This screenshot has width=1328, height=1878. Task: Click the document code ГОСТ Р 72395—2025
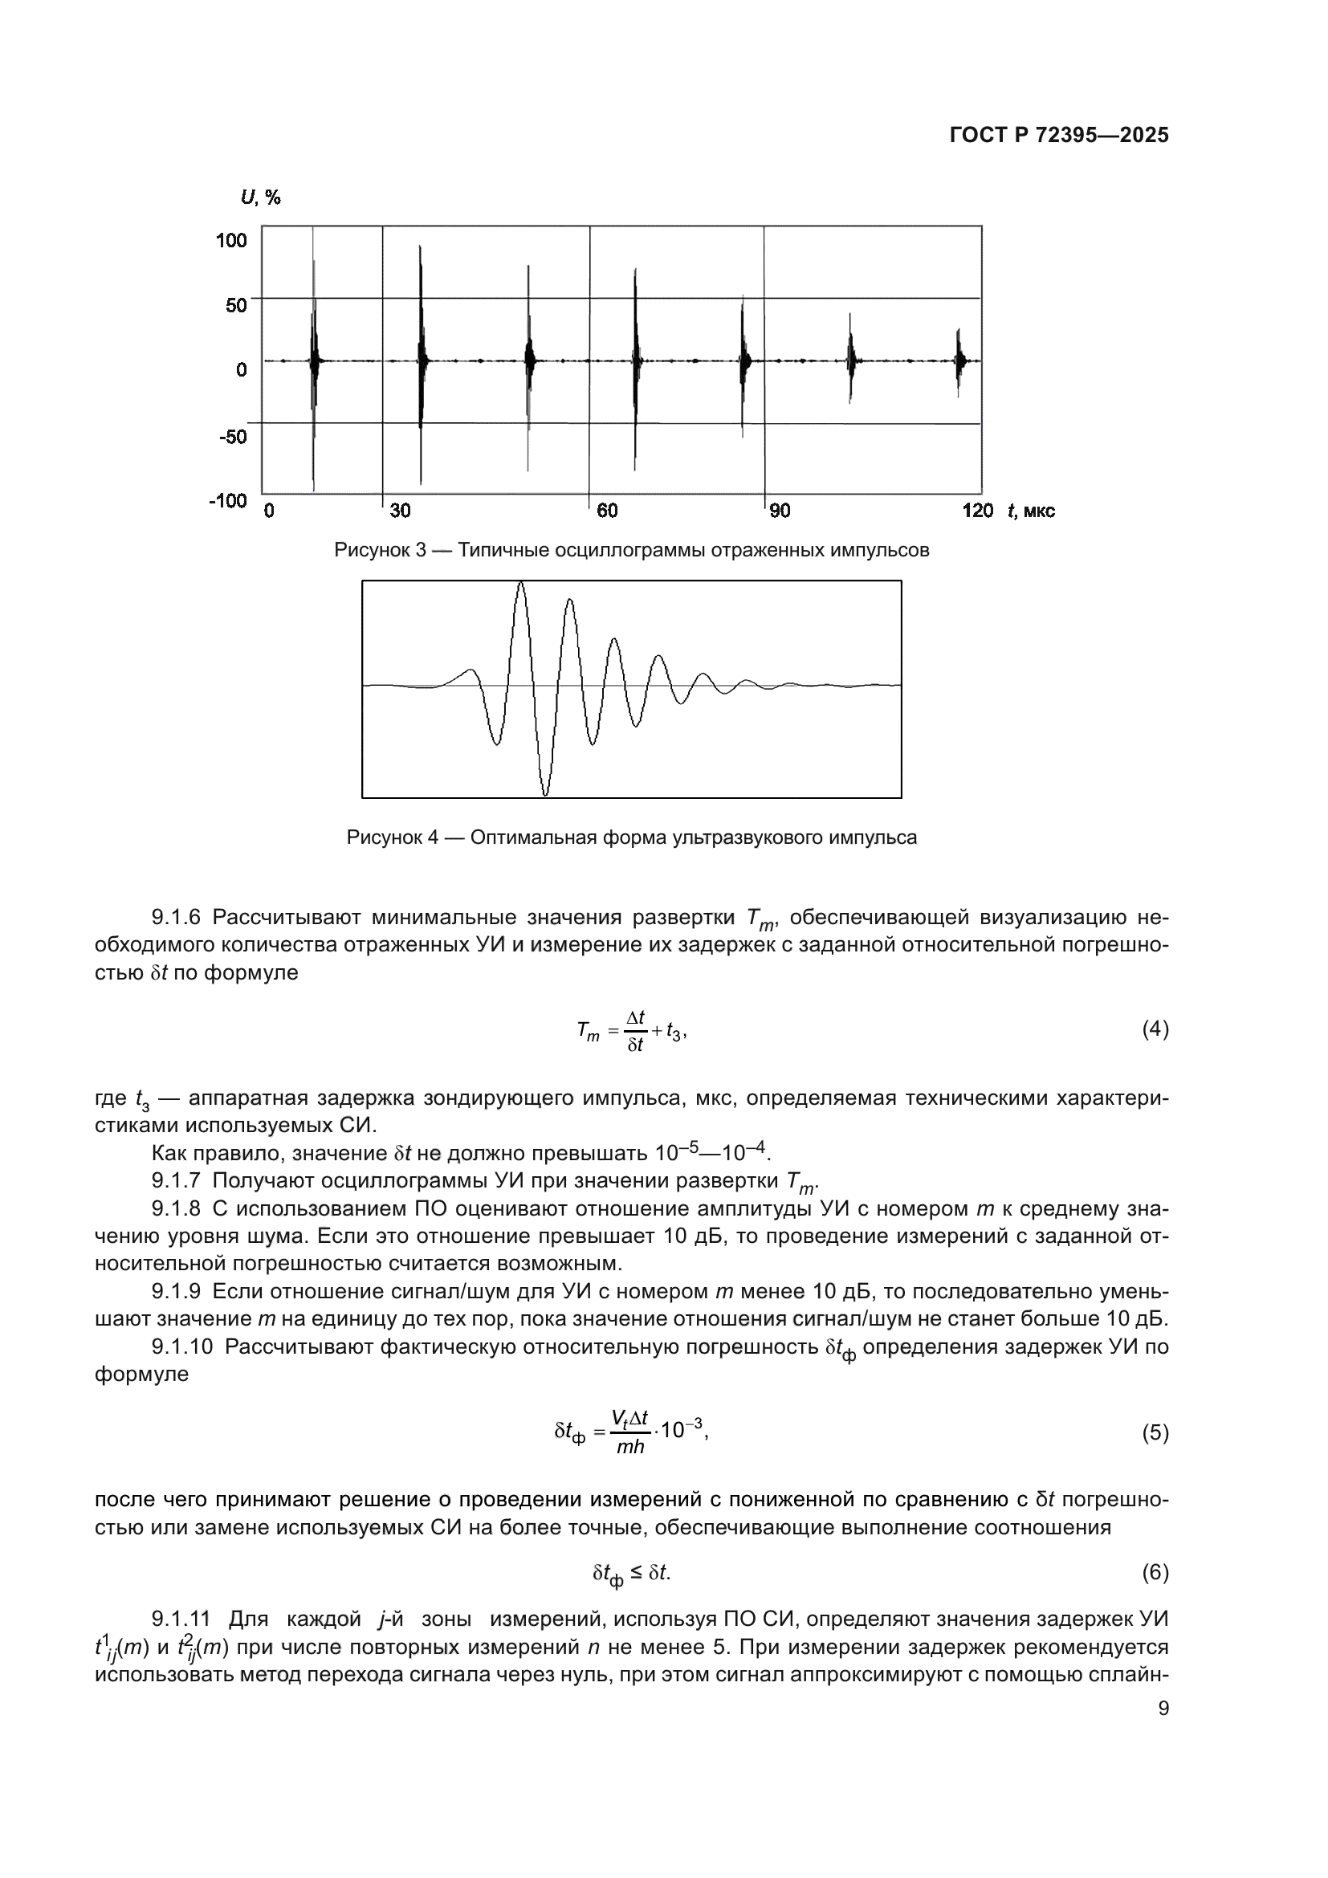(x=1059, y=136)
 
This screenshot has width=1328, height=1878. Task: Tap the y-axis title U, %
(x=260, y=198)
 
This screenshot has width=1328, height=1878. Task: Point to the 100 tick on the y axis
(x=231, y=239)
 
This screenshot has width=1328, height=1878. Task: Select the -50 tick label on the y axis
(x=233, y=436)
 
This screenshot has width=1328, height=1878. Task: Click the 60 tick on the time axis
(x=607, y=511)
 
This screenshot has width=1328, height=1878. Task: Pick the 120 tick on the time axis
(x=977, y=511)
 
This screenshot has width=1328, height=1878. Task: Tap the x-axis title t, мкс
(x=1031, y=511)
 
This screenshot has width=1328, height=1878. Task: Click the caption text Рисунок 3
(x=381, y=551)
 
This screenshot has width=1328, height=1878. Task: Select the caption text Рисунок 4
(x=393, y=837)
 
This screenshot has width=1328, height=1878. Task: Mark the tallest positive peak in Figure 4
(x=521, y=583)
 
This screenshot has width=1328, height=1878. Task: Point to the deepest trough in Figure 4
(x=545, y=793)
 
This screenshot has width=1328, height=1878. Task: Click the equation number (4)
(x=1155, y=1029)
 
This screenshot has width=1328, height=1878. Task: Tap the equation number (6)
(x=1155, y=1572)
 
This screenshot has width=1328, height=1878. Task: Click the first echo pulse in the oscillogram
(x=314, y=360)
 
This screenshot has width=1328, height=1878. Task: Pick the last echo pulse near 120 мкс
(x=959, y=360)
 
